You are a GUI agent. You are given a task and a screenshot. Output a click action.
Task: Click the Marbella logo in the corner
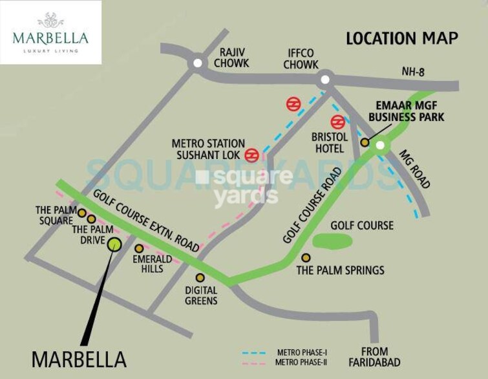50,32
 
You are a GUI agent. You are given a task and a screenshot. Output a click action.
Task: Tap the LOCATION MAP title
401,38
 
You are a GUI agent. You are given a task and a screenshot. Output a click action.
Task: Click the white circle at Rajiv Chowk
196,63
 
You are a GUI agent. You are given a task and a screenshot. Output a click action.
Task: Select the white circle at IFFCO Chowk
324,80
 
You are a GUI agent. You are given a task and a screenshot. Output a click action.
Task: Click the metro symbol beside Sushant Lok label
252,155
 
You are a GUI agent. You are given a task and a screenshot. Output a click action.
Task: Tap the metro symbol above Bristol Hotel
337,122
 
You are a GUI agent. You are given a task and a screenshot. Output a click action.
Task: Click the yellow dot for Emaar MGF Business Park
365,142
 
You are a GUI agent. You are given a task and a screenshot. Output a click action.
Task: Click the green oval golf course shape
332,240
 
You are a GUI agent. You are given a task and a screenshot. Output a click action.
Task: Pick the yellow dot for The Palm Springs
306,257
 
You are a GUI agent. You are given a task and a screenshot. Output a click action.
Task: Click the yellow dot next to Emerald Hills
138,248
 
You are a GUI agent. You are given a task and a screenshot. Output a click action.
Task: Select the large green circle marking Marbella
114,243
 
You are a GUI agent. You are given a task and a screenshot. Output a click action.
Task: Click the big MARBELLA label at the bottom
79,359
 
